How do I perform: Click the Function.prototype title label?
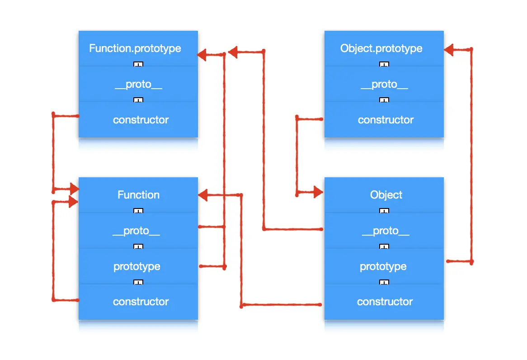(x=135, y=49)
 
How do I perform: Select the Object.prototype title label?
(x=381, y=49)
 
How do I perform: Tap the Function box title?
(x=138, y=195)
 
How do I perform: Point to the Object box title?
(x=386, y=195)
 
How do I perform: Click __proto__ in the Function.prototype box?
(x=138, y=85)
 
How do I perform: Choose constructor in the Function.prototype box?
(x=141, y=120)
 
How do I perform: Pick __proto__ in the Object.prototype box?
(x=385, y=85)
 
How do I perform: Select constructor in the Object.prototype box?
(x=386, y=120)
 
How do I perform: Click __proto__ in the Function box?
(x=136, y=231)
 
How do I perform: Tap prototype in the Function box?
(x=137, y=267)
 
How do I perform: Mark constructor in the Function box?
(x=141, y=302)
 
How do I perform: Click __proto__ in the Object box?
(x=386, y=231)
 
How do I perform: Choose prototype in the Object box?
(x=383, y=267)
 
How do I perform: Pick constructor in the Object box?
(x=385, y=302)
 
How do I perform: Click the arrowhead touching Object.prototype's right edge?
(x=449, y=50)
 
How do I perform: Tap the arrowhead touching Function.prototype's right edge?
(x=202, y=55)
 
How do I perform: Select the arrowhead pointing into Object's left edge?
(x=318, y=192)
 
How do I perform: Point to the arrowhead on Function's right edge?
(x=203, y=195)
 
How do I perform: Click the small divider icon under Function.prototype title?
(x=138, y=64)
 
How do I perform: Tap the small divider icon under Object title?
(x=384, y=211)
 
